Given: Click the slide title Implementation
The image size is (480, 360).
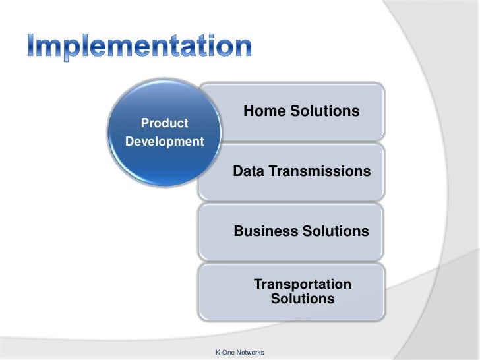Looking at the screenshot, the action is pos(140,46).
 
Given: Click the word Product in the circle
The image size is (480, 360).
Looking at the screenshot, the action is pos(164,123).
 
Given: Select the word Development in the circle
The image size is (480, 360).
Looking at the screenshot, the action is pos(164,142).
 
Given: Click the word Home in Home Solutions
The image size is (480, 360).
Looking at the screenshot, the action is pos(263,111).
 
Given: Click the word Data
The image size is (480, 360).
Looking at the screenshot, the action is pos(248,171).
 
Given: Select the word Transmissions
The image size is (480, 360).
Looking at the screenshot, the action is pos(318,171).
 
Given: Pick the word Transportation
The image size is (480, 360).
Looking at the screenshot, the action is pos(303,284).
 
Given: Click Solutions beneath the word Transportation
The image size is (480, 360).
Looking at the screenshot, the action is pos(303,299).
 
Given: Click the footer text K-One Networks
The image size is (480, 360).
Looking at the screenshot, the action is pos(240,353).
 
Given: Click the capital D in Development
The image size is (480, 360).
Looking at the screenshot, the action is pos(130,142).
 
